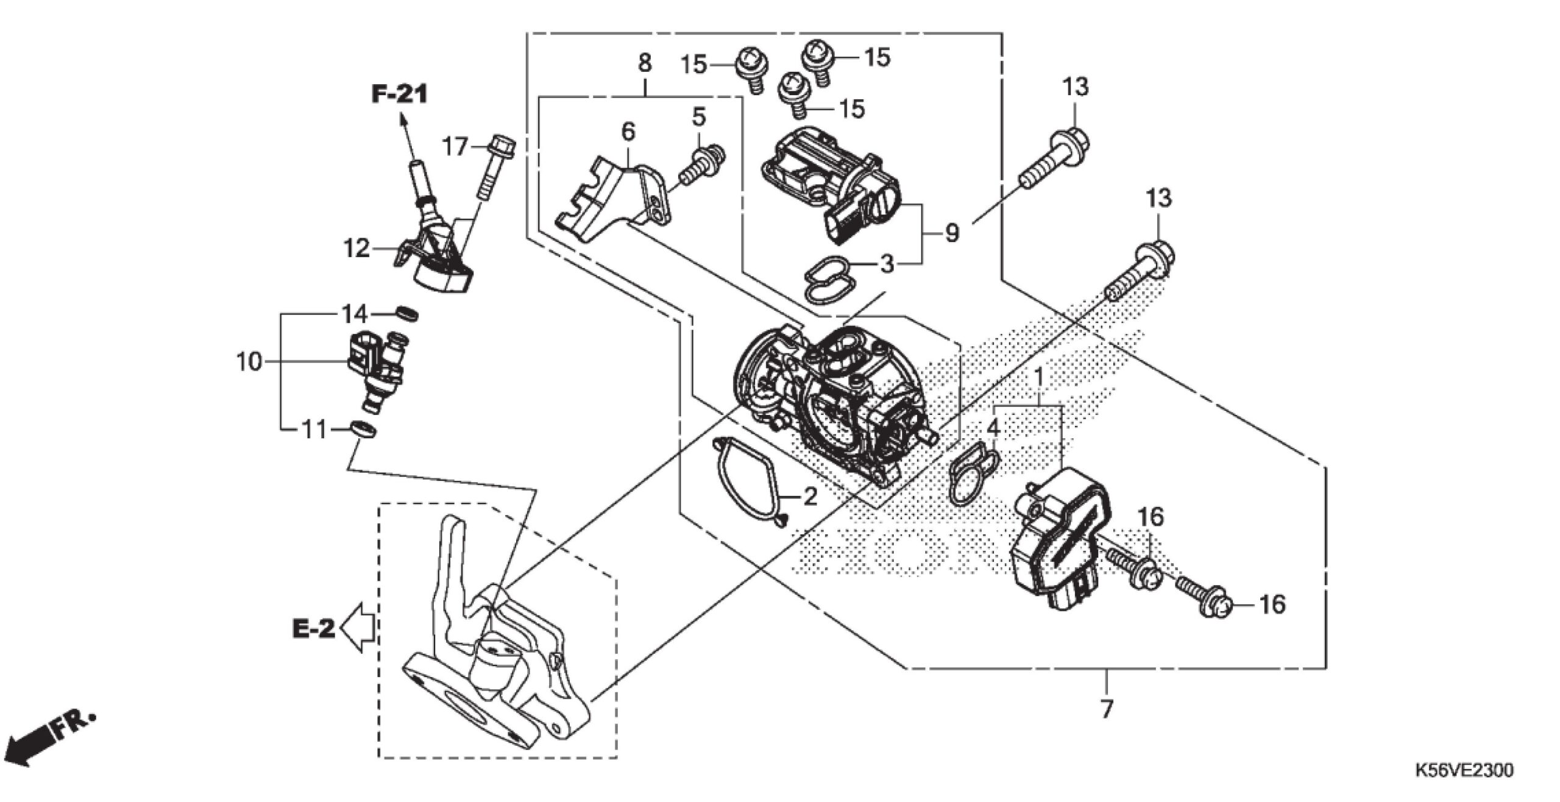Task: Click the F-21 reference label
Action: (400, 94)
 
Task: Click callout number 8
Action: (644, 63)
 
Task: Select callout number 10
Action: (249, 363)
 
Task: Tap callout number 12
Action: (356, 248)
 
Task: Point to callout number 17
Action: (455, 147)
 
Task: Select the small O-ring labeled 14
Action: (406, 313)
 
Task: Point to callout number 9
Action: (951, 233)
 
